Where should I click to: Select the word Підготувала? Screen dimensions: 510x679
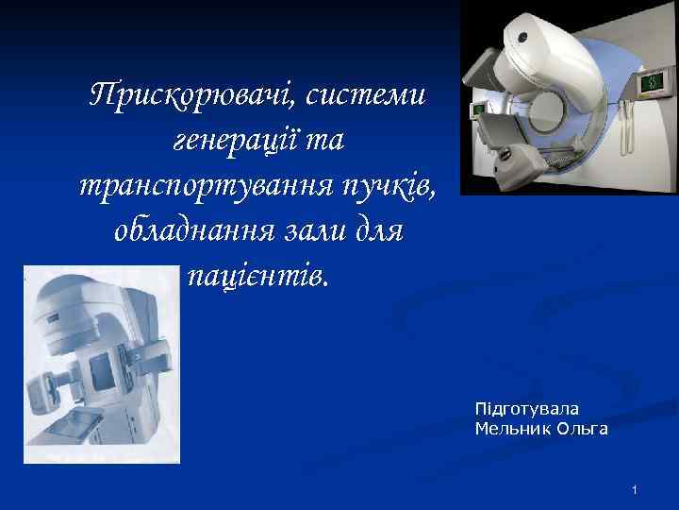click(527, 409)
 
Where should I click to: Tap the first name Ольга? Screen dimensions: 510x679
click(583, 429)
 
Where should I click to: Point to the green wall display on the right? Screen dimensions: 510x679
click(650, 83)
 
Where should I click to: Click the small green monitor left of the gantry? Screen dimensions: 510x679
click(478, 110)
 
